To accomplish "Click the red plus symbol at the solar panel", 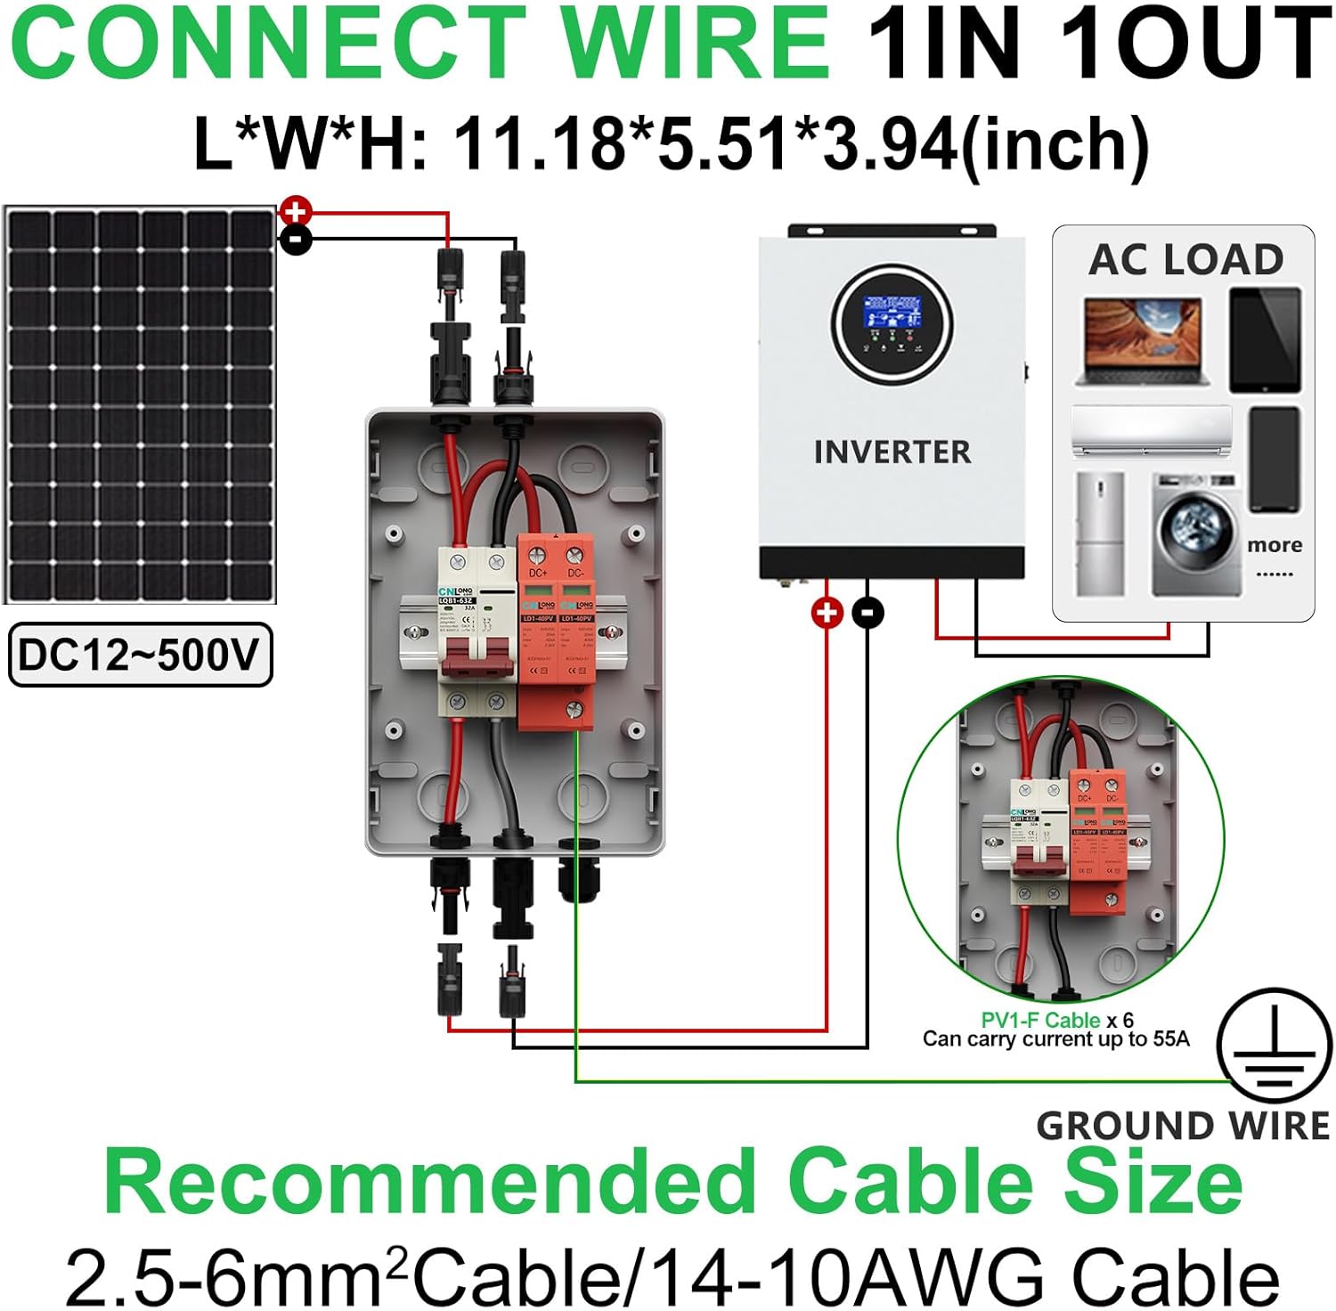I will click(x=295, y=212).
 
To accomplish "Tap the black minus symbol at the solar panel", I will click(x=297, y=239).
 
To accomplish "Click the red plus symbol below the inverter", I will click(x=827, y=612).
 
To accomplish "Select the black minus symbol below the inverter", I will click(x=868, y=612).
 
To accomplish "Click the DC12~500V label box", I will click(x=140, y=655).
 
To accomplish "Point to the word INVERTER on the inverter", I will click(x=892, y=452).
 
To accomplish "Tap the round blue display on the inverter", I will click(x=892, y=322).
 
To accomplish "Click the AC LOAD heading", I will click(x=1185, y=260).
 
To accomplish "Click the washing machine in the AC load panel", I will click(x=1196, y=534).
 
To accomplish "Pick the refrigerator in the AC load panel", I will click(x=1100, y=534).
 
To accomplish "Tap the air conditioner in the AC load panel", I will click(x=1151, y=430).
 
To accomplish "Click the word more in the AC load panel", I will click(x=1275, y=545).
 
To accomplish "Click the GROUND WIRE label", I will click(x=1183, y=1127).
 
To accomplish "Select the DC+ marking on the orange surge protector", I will click(x=538, y=573).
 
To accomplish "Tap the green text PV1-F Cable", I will click(x=1040, y=1021).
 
